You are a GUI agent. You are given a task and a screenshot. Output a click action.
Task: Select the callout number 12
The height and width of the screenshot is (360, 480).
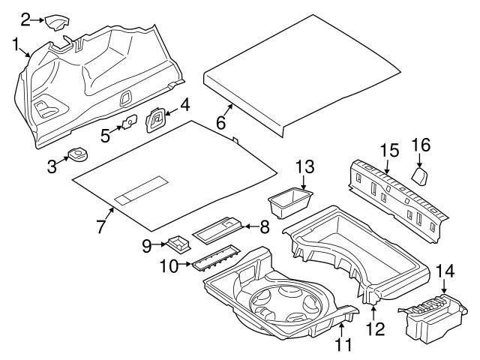coord(372,328)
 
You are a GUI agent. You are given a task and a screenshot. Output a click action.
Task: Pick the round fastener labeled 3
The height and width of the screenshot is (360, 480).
coord(76,156)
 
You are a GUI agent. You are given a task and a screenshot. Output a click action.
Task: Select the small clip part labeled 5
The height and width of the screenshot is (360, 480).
coord(129,120)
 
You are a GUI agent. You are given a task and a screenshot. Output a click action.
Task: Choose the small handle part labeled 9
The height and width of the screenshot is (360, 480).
coord(179,244)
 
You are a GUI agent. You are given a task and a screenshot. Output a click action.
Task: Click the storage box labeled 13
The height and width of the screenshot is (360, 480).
coord(289,202)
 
